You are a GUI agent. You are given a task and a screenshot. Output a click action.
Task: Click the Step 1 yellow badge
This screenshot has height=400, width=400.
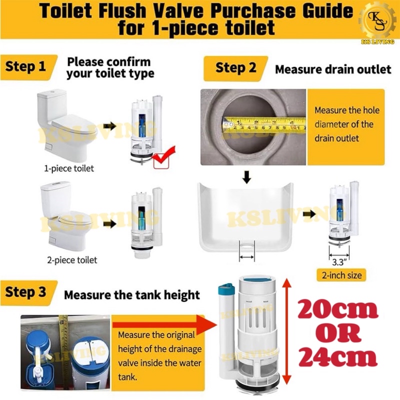28,66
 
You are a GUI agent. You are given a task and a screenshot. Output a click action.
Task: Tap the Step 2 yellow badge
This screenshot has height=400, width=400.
235,67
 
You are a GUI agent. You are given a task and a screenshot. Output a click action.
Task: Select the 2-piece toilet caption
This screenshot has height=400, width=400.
71,260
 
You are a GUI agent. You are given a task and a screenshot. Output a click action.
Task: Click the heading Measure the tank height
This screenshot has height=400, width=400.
132,294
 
